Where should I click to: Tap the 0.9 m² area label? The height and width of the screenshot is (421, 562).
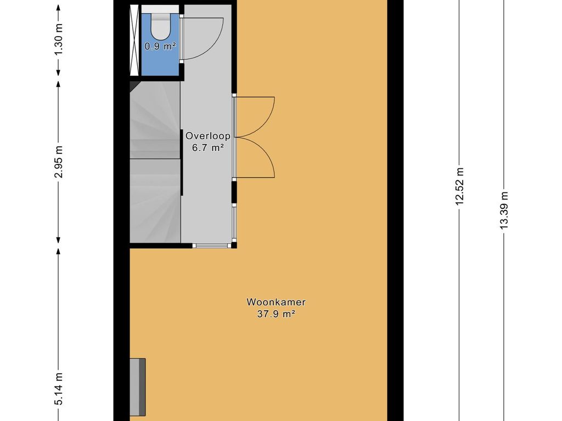160,46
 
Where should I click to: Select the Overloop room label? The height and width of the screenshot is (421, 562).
208,136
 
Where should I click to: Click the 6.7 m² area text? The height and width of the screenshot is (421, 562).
208,148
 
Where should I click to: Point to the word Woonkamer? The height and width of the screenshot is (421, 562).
276,302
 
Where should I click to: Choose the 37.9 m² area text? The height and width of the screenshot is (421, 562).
276,314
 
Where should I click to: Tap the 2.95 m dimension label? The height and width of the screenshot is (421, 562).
59,162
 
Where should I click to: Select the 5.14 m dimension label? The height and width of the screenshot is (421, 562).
59,389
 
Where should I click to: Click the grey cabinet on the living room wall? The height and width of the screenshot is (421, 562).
138,387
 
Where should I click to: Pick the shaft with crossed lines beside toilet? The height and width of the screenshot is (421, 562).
134,41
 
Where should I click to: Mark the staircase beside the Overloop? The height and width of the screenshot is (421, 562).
155,162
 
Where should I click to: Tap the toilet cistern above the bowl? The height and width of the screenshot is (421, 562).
160,9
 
